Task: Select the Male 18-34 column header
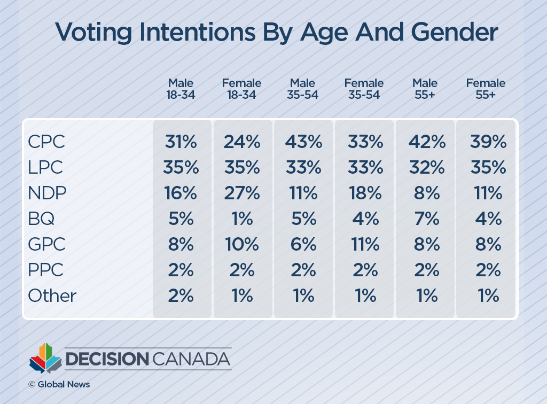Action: [x=181, y=89]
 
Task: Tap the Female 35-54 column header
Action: [x=364, y=89]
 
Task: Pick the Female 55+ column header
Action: [x=486, y=89]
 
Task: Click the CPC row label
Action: [x=46, y=142]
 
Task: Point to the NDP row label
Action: [x=47, y=193]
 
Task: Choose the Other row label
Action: [x=52, y=296]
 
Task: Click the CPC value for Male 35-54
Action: [x=303, y=142]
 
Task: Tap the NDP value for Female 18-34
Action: [x=241, y=193]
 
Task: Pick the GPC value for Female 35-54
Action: [x=365, y=244]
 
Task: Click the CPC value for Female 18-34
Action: [x=241, y=142]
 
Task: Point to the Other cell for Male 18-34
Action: [x=181, y=296]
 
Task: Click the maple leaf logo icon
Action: [x=45, y=359]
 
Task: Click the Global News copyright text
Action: [x=59, y=384]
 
